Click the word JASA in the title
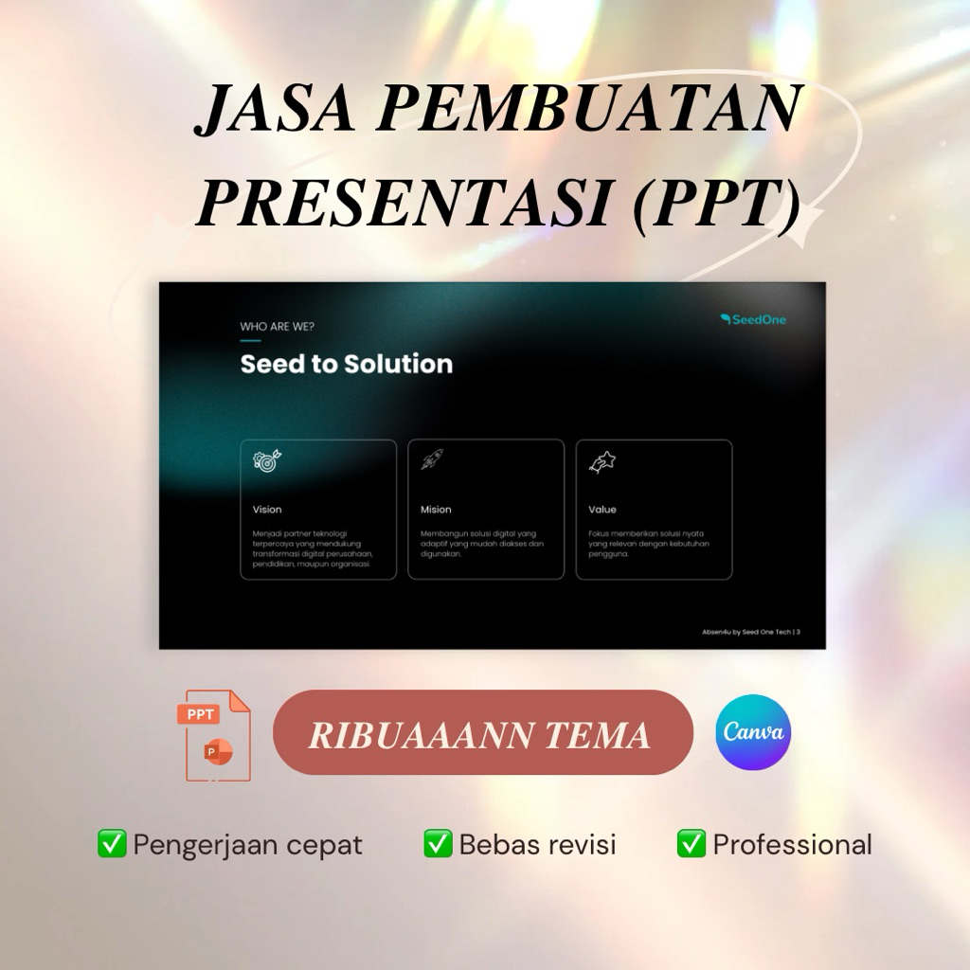pyautogui.click(x=275, y=110)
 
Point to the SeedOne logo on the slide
pyautogui.click(x=753, y=319)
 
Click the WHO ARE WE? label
pyautogui.click(x=278, y=327)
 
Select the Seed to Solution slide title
pyautogui.click(x=347, y=365)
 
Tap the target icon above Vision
pyautogui.click(x=267, y=460)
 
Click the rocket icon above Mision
pyautogui.click(x=433, y=460)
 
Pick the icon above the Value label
pyautogui.click(x=602, y=461)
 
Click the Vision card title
pyautogui.click(x=267, y=510)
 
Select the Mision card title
pyautogui.click(x=436, y=510)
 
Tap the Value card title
pyautogui.click(x=602, y=510)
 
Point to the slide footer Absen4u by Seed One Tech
pyautogui.click(x=750, y=632)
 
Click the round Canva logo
pyautogui.click(x=753, y=732)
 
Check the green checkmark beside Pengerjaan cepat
pyautogui.click(x=112, y=843)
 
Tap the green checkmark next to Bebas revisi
pyautogui.click(x=438, y=843)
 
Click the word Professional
pyautogui.click(x=792, y=844)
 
